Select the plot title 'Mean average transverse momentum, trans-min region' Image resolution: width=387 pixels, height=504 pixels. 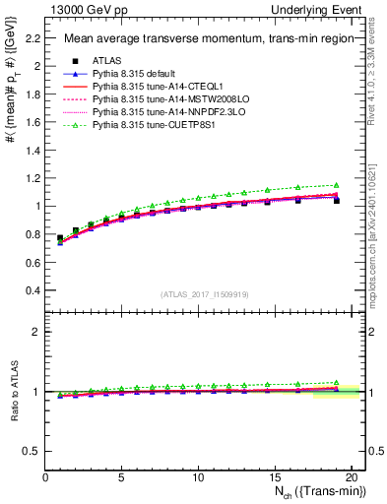(196, 39)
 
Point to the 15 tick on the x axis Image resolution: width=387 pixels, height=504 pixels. (275, 477)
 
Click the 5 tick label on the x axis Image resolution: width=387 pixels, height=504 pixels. (122, 477)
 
